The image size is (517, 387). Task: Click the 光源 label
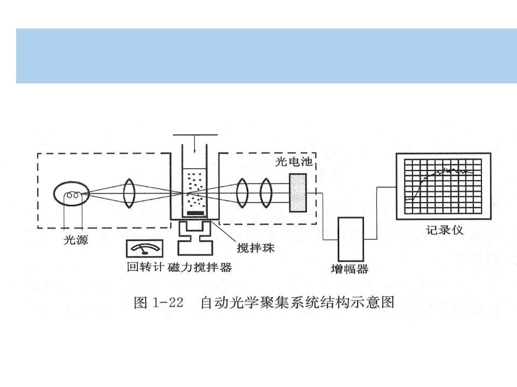[x=76, y=240]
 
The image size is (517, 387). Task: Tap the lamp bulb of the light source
[x=72, y=193]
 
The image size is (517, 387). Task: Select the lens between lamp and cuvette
[x=129, y=193]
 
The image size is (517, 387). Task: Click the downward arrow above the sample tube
[x=195, y=144]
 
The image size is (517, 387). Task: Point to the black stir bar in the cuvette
[x=195, y=213]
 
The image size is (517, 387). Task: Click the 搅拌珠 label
[x=255, y=247]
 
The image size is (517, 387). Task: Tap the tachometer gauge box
[x=145, y=248]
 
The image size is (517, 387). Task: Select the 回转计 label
[x=145, y=267]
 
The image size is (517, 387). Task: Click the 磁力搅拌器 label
[x=200, y=267]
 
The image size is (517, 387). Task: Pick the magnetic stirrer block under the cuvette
[x=195, y=238]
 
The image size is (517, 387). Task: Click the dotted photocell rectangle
[x=298, y=193]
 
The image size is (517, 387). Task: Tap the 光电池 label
[x=294, y=162]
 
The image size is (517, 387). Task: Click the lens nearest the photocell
[x=266, y=193]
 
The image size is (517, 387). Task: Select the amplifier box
[x=351, y=239]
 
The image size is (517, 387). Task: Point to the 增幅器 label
[x=350, y=269]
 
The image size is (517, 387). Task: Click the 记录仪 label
[x=444, y=230]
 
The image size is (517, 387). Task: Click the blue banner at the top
[x=267, y=56]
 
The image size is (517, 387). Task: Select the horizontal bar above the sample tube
[x=195, y=134]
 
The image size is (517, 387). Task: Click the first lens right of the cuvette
[x=242, y=193]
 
